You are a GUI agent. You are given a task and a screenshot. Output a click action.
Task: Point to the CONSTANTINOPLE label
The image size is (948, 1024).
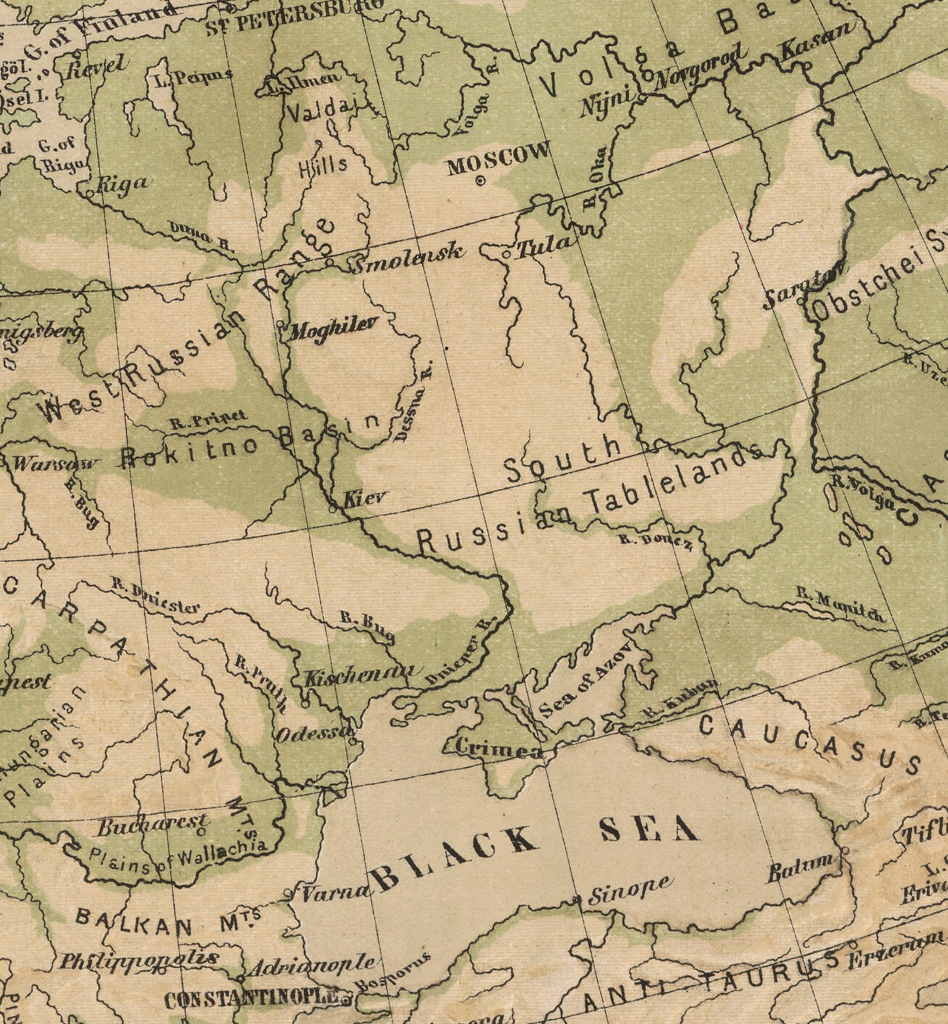251,999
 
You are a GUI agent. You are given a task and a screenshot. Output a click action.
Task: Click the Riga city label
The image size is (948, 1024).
121,183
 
